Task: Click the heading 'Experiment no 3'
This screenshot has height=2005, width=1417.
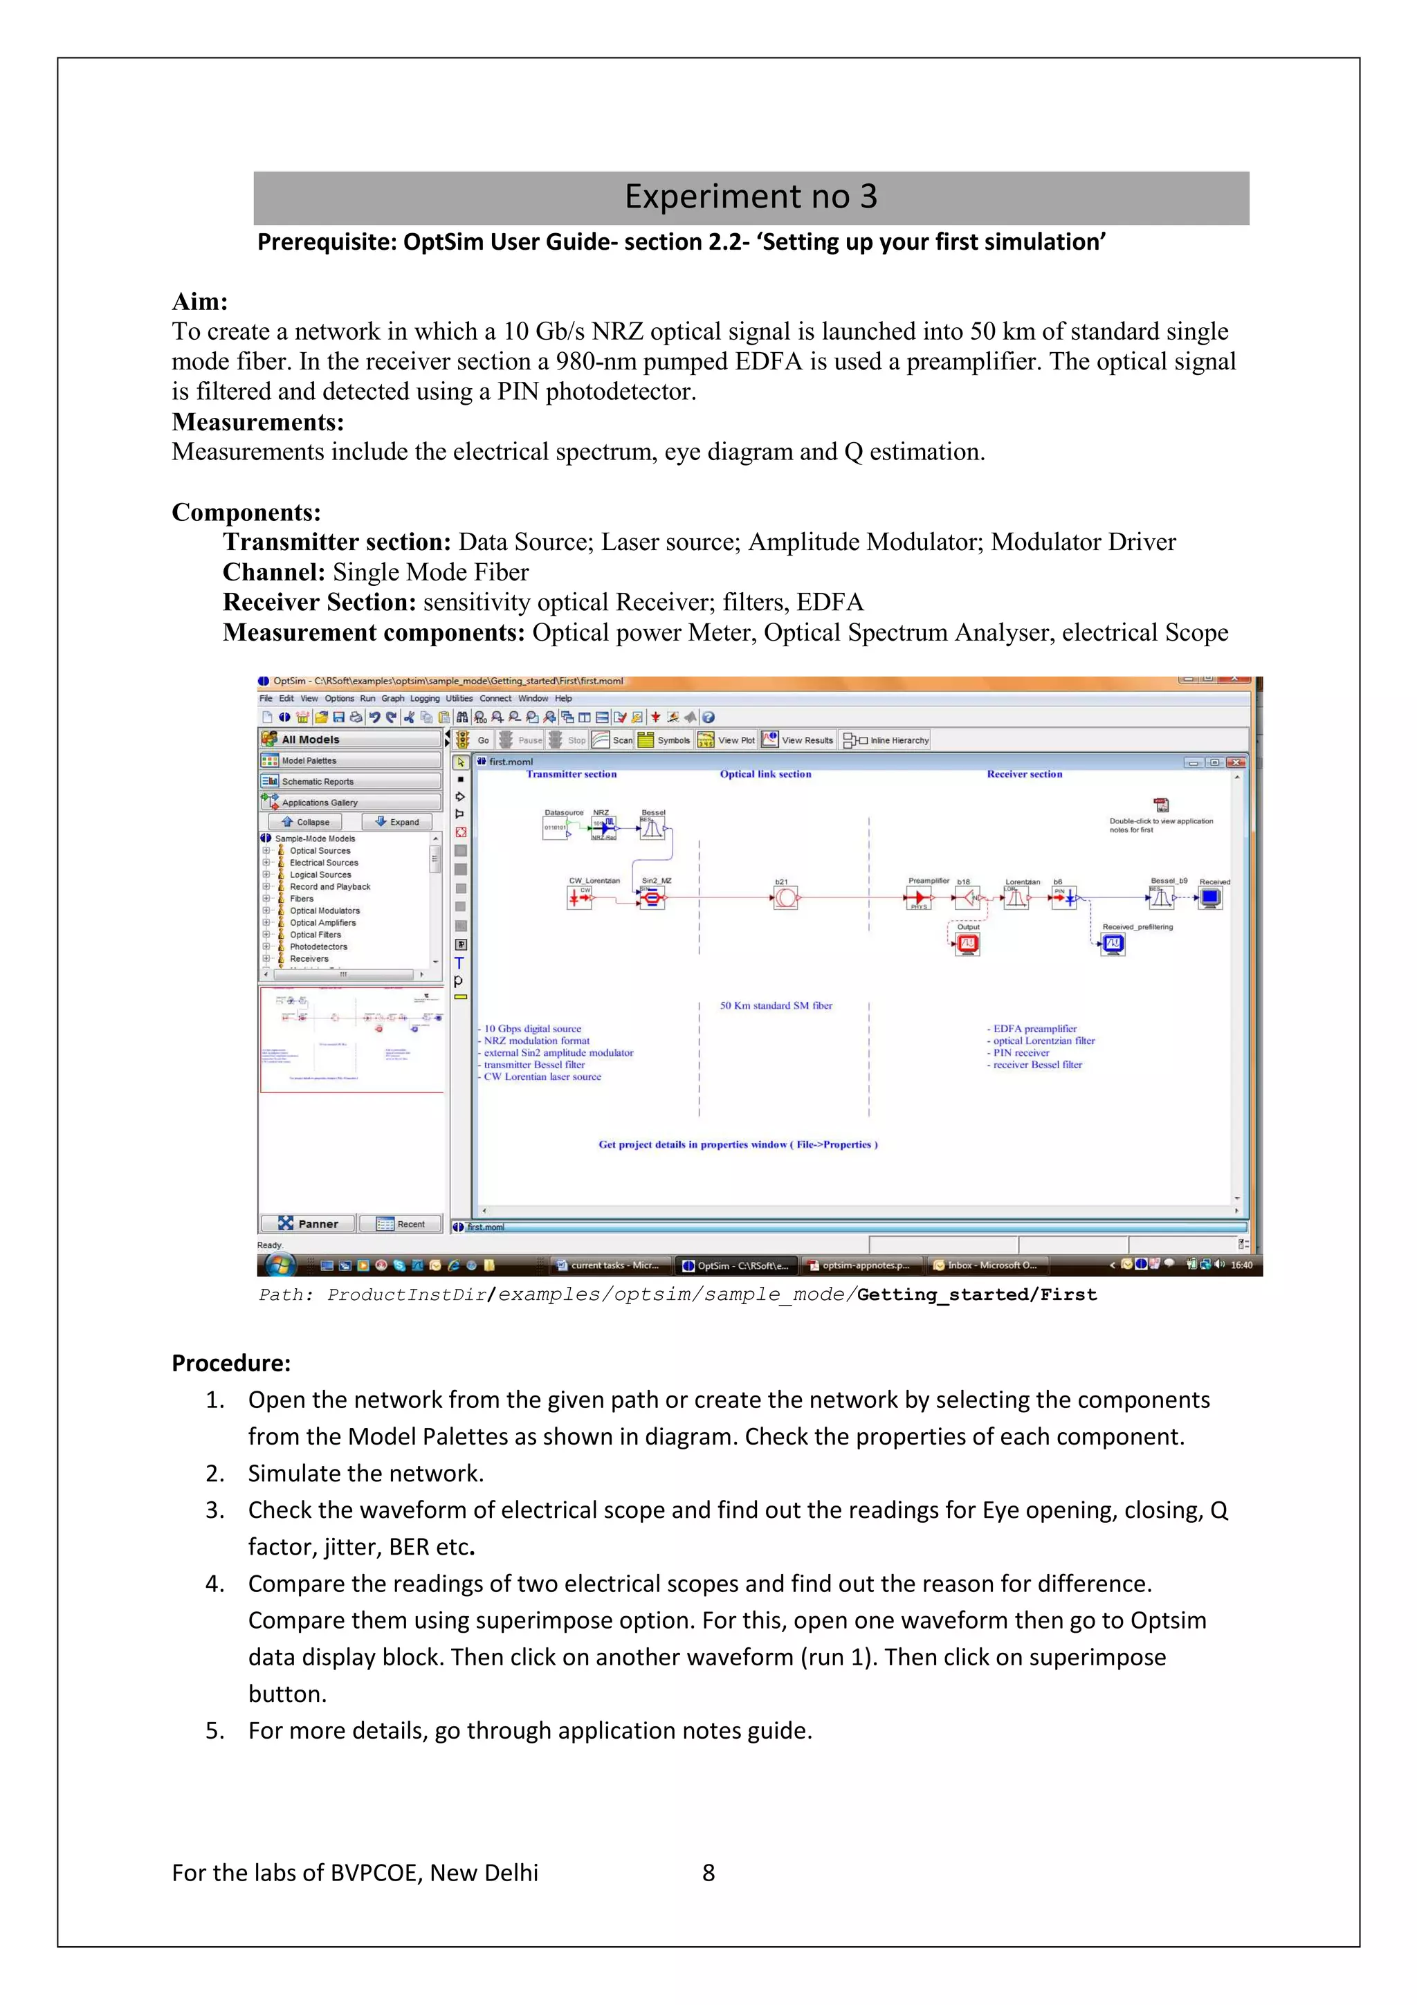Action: point(750,197)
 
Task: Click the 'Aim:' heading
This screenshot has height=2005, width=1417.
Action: point(200,302)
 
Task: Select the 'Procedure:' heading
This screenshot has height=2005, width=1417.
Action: point(230,1363)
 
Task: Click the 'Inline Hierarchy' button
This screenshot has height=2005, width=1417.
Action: point(886,740)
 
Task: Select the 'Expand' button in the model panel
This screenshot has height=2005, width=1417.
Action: point(397,822)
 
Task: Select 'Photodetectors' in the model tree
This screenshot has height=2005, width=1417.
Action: point(318,946)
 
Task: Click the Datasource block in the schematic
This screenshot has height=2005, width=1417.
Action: point(556,827)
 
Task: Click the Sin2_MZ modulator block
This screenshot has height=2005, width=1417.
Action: point(651,898)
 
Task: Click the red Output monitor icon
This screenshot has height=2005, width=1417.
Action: point(967,943)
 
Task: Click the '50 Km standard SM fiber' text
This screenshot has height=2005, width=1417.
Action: point(776,1005)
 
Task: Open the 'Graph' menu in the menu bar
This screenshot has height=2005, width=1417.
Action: point(393,699)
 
